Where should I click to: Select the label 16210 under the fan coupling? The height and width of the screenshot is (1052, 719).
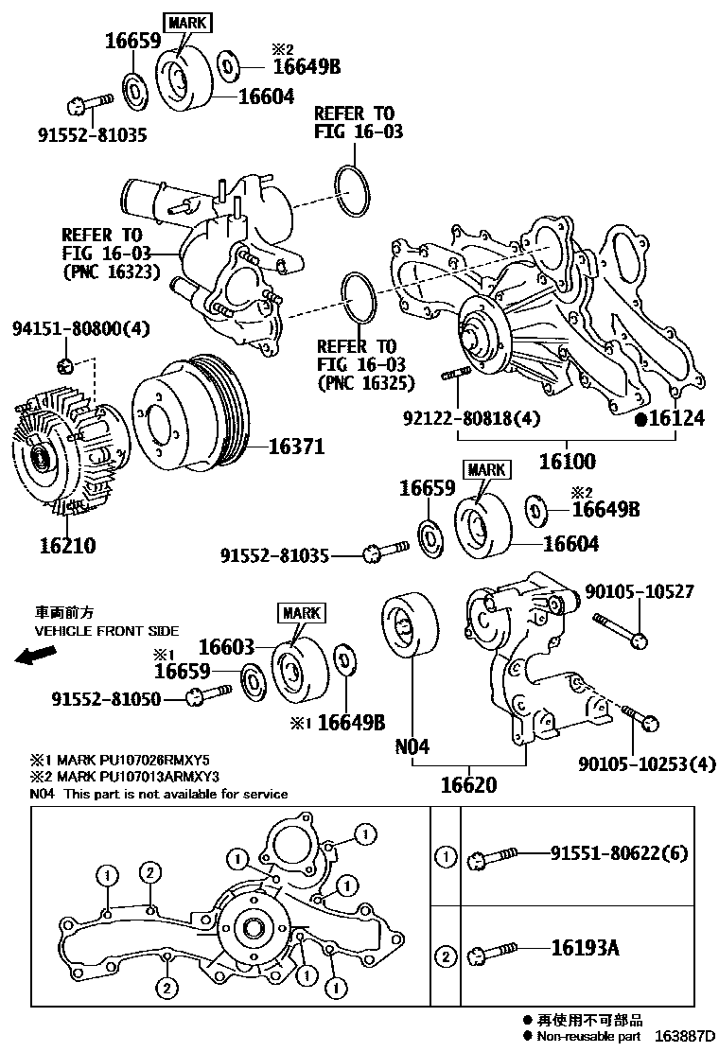tap(67, 546)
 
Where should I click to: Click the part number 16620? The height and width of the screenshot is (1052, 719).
tap(467, 785)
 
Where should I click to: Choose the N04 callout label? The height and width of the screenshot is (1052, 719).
tap(412, 746)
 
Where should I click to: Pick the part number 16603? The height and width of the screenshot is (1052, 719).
tap(227, 647)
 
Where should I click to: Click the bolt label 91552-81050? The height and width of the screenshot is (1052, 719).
tap(105, 699)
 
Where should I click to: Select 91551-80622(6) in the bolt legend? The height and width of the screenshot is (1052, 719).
tap(620, 854)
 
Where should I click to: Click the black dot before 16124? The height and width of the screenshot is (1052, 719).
tap(640, 419)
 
